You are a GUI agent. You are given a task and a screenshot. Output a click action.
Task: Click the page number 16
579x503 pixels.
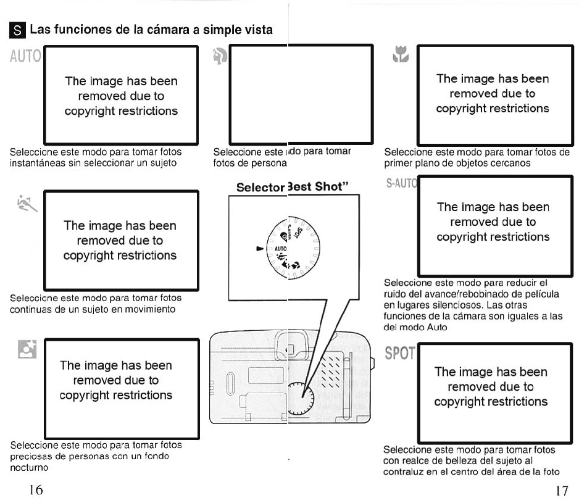point(36,490)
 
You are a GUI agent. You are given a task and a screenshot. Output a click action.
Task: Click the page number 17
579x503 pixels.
point(560,491)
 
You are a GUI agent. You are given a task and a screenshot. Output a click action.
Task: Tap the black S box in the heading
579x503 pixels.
point(19,30)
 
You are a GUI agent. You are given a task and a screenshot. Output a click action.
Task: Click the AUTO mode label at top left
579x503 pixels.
point(25,57)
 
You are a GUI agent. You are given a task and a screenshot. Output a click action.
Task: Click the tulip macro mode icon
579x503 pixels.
point(401,56)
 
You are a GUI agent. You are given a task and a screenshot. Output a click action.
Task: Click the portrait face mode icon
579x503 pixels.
point(220,57)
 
